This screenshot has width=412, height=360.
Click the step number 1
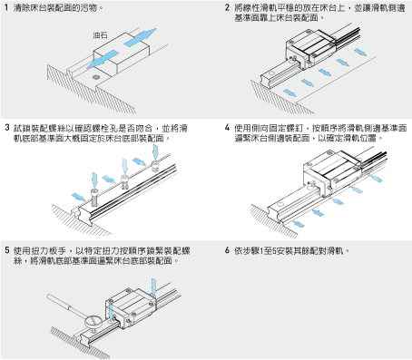click(x=6, y=7)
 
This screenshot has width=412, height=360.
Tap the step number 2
click(x=227, y=7)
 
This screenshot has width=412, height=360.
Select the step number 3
click(x=7, y=128)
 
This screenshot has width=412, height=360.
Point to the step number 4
click(x=227, y=128)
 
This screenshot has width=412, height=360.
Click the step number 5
click(x=7, y=250)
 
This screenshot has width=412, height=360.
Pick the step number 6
click(x=227, y=250)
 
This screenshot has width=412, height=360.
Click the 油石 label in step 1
click(x=100, y=35)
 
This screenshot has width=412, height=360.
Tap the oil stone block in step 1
click(x=122, y=53)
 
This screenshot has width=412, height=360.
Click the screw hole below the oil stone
click(x=96, y=77)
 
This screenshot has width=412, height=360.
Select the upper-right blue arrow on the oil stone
click(x=140, y=37)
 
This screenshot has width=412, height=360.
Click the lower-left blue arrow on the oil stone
click(x=103, y=59)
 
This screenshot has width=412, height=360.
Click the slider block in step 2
click(x=311, y=49)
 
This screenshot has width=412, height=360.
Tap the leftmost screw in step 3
click(x=95, y=198)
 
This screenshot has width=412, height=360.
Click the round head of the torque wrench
click(x=93, y=321)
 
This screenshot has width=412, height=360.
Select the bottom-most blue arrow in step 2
click(x=289, y=92)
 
